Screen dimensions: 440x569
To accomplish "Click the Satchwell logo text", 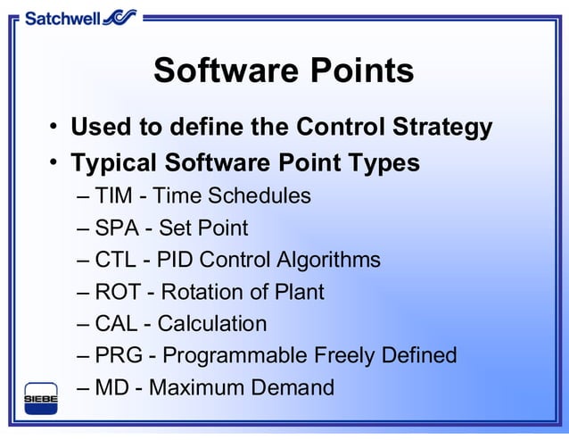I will pyautogui.click(x=62, y=17).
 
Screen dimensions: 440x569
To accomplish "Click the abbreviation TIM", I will pyautogui.click(x=113, y=195).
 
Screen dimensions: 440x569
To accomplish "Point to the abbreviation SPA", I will pyautogui.click(x=116, y=228).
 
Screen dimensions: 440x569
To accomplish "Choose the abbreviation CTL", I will pyautogui.click(x=115, y=260).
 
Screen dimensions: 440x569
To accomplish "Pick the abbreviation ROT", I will pyautogui.click(x=118, y=292).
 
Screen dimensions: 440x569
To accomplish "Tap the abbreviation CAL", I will pyautogui.click(x=116, y=323).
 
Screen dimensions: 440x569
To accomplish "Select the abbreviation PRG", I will pyautogui.click(x=118, y=355).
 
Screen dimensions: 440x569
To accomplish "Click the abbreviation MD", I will pyautogui.click(x=111, y=387).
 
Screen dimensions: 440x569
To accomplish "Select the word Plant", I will pyautogui.click(x=301, y=292).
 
